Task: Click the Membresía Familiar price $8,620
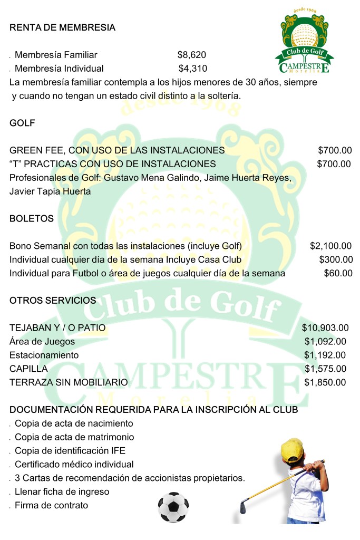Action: coord(191,54)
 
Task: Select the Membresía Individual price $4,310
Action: coord(192,68)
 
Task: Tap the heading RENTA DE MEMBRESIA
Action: coord(62,27)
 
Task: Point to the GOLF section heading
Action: coord(22,123)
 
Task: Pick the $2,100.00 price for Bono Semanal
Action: coord(330,246)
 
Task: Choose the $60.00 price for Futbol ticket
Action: coord(338,273)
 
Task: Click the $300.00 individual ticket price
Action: coord(336,259)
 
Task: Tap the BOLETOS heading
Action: coord(32,218)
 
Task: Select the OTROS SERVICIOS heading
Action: coord(53,301)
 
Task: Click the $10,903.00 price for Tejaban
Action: coord(325,328)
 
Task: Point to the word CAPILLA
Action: coord(28,369)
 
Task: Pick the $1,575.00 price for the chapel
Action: coord(325,369)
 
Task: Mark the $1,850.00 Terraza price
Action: coord(325,382)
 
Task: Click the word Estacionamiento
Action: coord(44,355)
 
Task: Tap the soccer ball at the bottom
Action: coord(173,507)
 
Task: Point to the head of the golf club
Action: coord(243,507)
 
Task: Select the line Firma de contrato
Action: coord(51,505)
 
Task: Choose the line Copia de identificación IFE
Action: coord(70,450)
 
